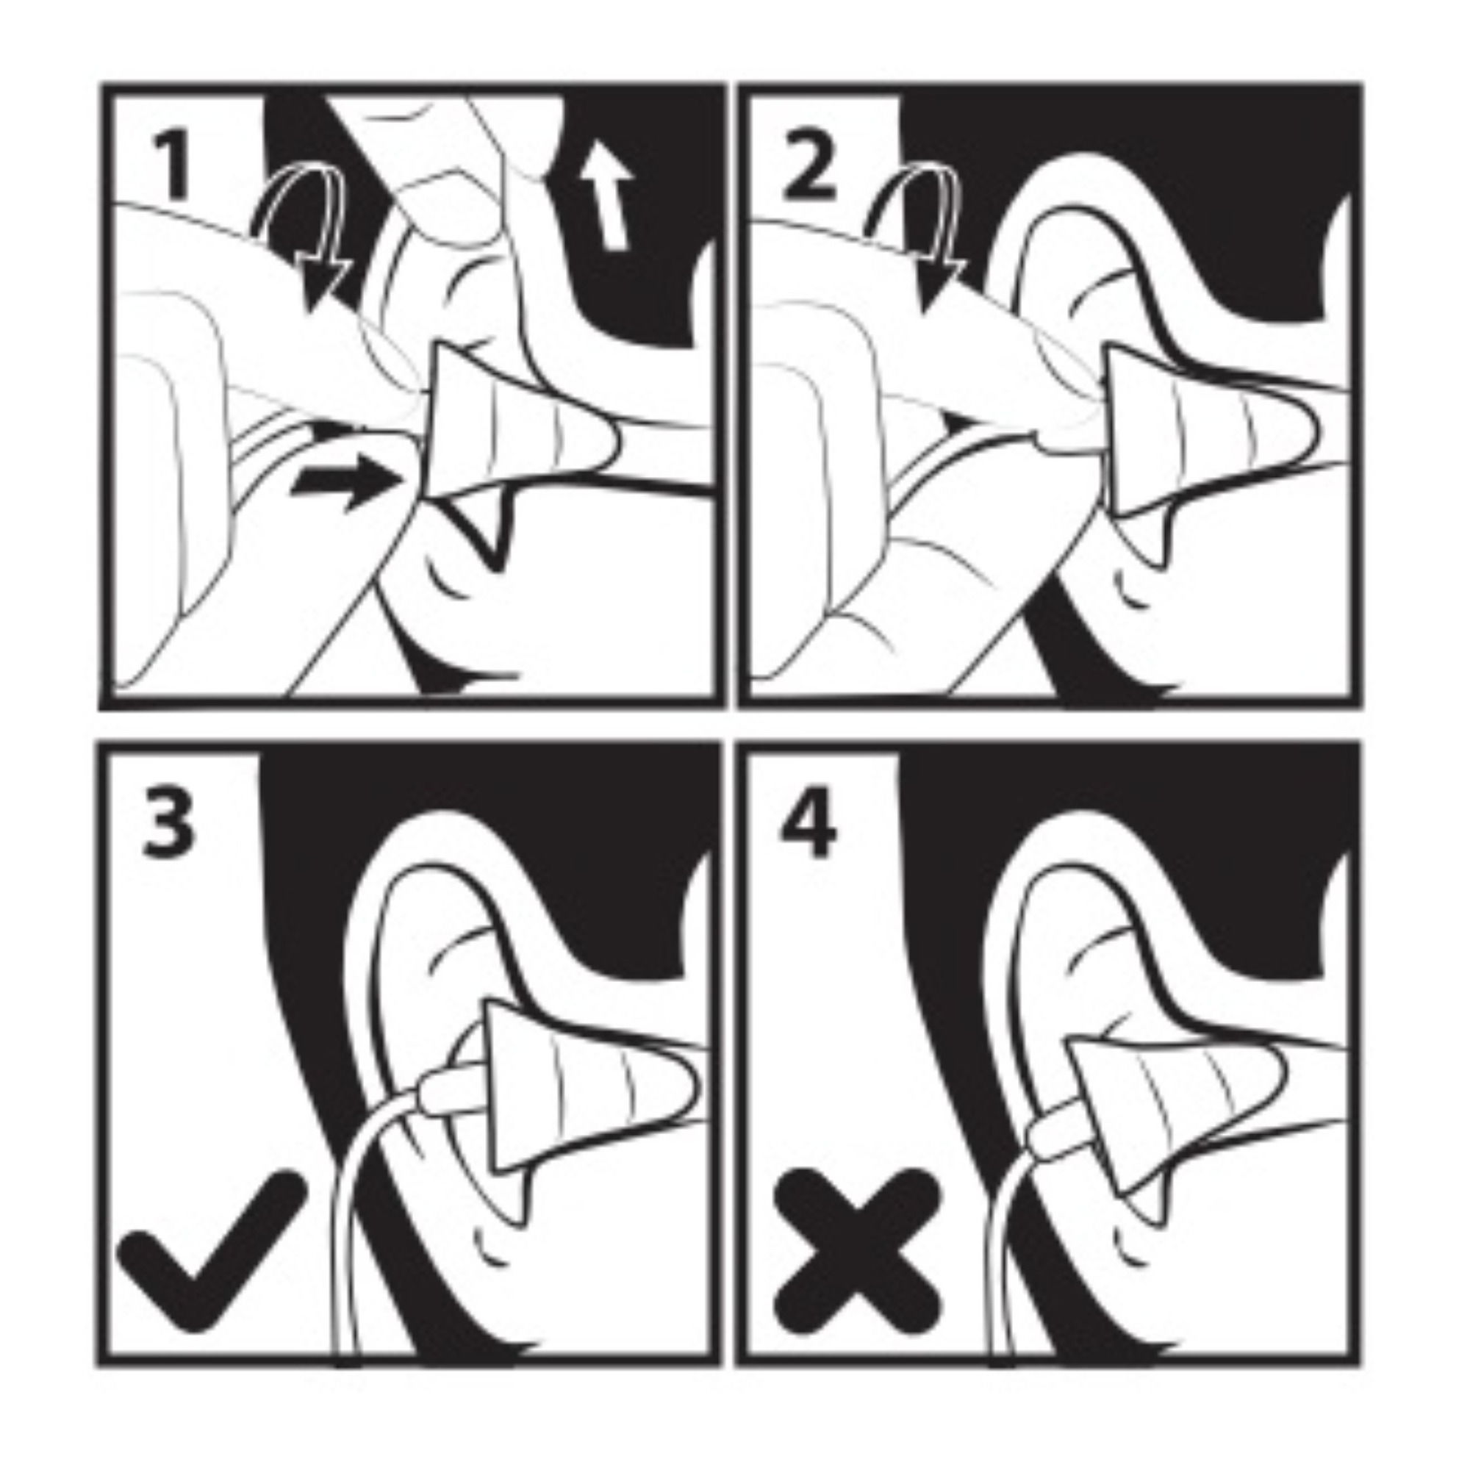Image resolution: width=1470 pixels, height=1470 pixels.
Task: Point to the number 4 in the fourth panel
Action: (808, 823)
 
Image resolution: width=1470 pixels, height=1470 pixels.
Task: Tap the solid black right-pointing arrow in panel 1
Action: (347, 478)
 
